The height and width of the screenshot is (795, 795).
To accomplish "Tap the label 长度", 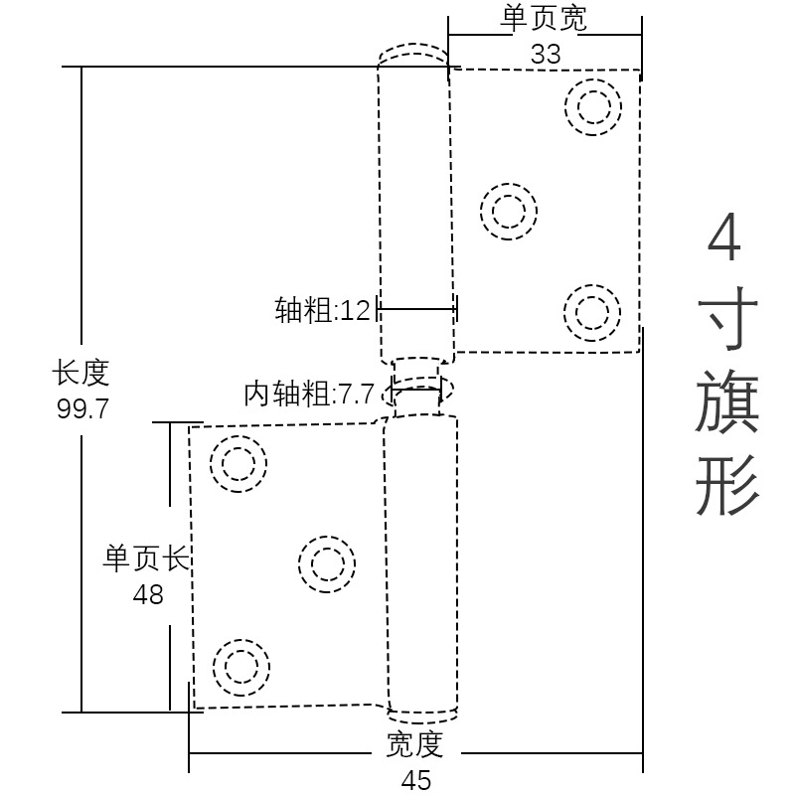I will pos(81,375).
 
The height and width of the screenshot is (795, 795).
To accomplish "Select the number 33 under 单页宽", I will pos(546,54).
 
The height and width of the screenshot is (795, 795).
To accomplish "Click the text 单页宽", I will pos(546,19).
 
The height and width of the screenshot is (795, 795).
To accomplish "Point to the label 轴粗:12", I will pos(322,311).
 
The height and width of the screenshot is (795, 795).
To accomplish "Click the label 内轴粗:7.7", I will pos(309,395).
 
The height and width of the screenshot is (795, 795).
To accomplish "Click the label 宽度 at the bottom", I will pos(415,743).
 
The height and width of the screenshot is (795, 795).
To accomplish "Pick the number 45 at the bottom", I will pos(416,780).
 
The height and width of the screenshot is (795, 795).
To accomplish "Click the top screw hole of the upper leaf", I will pos(593,106).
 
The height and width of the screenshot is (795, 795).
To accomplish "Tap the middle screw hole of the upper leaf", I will pos(509,211).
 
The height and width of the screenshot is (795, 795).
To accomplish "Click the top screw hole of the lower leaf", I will pos(238,463).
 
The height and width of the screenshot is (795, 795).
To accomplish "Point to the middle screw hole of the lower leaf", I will pos(327,564).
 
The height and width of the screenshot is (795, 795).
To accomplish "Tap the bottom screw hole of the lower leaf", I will pos(241,667).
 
